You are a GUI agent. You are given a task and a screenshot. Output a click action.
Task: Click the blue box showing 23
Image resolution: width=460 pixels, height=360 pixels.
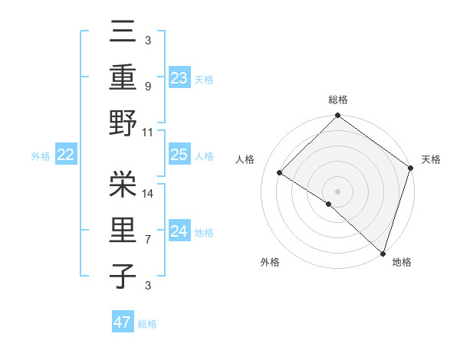coord(179,77)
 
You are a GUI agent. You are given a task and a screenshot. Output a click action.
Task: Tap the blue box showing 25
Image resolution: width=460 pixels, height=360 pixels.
coord(179,155)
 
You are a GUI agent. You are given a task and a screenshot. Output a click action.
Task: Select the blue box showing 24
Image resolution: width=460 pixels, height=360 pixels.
coord(179,231)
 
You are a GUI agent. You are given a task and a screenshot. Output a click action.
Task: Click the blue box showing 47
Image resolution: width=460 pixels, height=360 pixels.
coord(122,322)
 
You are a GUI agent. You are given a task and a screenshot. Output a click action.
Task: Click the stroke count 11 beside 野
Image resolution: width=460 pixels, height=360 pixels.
coord(148,133)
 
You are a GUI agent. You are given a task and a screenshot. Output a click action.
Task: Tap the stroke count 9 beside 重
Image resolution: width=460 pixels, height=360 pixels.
coord(147,87)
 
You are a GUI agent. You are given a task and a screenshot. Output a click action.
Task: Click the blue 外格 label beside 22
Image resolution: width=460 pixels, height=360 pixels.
coord(41,156)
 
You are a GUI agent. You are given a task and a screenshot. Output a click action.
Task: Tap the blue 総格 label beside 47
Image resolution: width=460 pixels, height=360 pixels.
coord(147,324)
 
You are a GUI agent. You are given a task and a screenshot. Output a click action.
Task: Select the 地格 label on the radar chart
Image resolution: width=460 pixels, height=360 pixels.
coord(402,262)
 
